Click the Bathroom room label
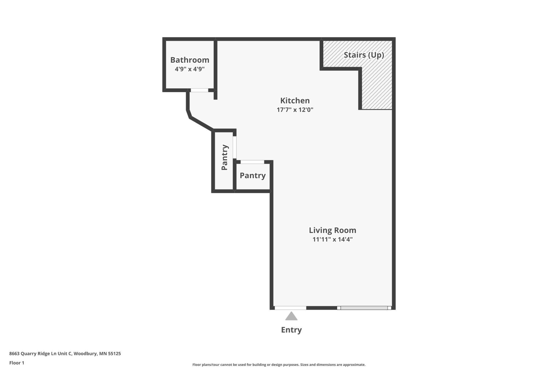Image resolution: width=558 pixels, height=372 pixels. pyautogui.click(x=190, y=60)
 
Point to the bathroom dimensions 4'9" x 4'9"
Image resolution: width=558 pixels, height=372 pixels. pyautogui.click(x=190, y=69)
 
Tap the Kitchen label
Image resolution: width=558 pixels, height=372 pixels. pyautogui.click(x=295, y=101)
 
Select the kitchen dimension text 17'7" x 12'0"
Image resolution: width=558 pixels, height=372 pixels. pyautogui.click(x=295, y=110)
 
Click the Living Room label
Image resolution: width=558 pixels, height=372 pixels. pyautogui.click(x=332, y=230)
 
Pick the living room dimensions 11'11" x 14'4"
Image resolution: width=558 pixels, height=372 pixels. pyautogui.click(x=332, y=239)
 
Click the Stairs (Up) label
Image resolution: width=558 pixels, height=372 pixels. pyautogui.click(x=364, y=55)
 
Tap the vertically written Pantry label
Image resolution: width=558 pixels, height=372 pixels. pyautogui.click(x=225, y=157)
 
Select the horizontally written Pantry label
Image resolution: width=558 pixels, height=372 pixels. pyautogui.click(x=252, y=176)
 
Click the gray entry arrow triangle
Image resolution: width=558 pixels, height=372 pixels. pyautogui.click(x=291, y=316)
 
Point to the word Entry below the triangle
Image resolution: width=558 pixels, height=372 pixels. pyautogui.click(x=291, y=330)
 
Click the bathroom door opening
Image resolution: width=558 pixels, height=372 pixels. pyautogui.click(x=199, y=90)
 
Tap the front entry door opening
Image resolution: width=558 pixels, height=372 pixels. pyautogui.click(x=290, y=308)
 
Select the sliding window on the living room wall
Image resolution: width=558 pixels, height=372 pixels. pyautogui.click(x=364, y=308)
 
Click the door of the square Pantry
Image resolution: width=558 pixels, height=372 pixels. pyautogui.click(x=252, y=162)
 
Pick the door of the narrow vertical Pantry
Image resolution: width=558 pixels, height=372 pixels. pyautogui.click(x=234, y=147)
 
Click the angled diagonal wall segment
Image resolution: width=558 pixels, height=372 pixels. pyautogui.click(x=201, y=124)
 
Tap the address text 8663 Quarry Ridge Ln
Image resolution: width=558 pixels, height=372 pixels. pyautogui.click(x=65, y=353)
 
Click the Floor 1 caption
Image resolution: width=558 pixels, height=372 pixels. pyautogui.click(x=17, y=363)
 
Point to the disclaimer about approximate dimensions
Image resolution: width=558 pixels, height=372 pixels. pyautogui.click(x=279, y=364)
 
